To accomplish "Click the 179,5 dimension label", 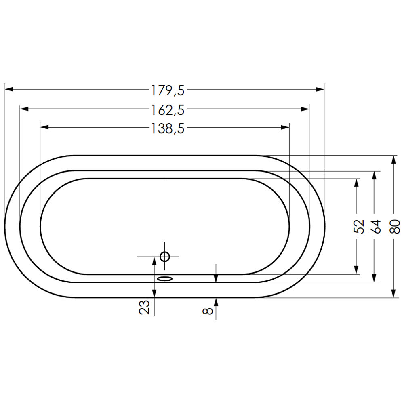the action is tap(168, 90).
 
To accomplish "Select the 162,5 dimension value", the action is tap(168, 110).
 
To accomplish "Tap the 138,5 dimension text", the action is tap(168, 128).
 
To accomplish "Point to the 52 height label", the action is tap(359, 227).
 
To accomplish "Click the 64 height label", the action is tap(377, 227).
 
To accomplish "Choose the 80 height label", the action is tap(395, 227).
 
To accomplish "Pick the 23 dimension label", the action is tap(144, 307).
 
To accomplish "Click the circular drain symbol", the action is tap(165, 257).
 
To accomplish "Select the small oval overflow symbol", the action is tap(165, 278).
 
